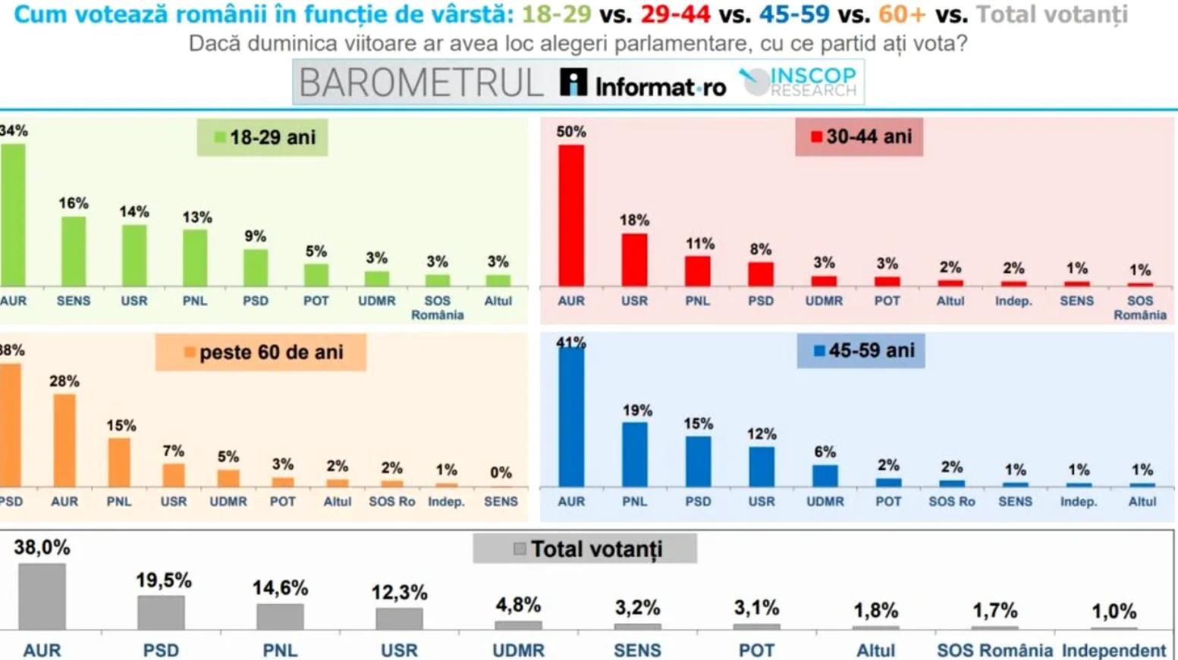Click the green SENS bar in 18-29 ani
pyautogui.click(x=74, y=252)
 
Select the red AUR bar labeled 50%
pyautogui.click(x=571, y=216)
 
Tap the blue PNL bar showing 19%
pyautogui.click(x=635, y=455)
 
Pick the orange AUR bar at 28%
pyautogui.click(x=64, y=441)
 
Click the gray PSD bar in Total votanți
pyautogui.click(x=161, y=612)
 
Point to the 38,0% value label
pyautogui.click(x=42, y=548)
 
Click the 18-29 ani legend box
pyautogui.click(x=262, y=137)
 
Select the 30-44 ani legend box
pyautogui.click(x=859, y=137)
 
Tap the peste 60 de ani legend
pyautogui.click(x=261, y=352)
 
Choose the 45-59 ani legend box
pyautogui.click(x=861, y=351)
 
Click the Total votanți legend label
pyautogui.click(x=585, y=549)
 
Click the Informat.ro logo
pyautogui.click(x=643, y=83)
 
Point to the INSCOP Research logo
pyautogui.click(x=798, y=82)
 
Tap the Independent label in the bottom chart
pyautogui.click(x=1114, y=650)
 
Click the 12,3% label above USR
pyautogui.click(x=399, y=593)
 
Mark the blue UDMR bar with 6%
pyautogui.click(x=825, y=475)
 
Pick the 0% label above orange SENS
pyautogui.click(x=501, y=473)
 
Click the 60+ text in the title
pyautogui.click(x=902, y=14)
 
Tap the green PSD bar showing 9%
pyautogui.click(x=256, y=267)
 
